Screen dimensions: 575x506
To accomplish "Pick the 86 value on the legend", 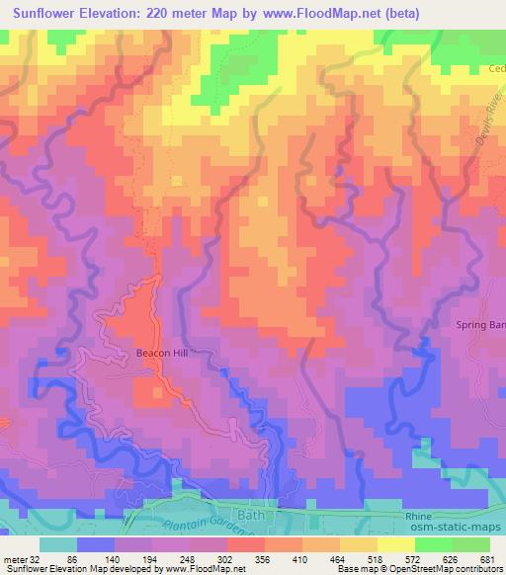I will (x=99, y=558).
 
